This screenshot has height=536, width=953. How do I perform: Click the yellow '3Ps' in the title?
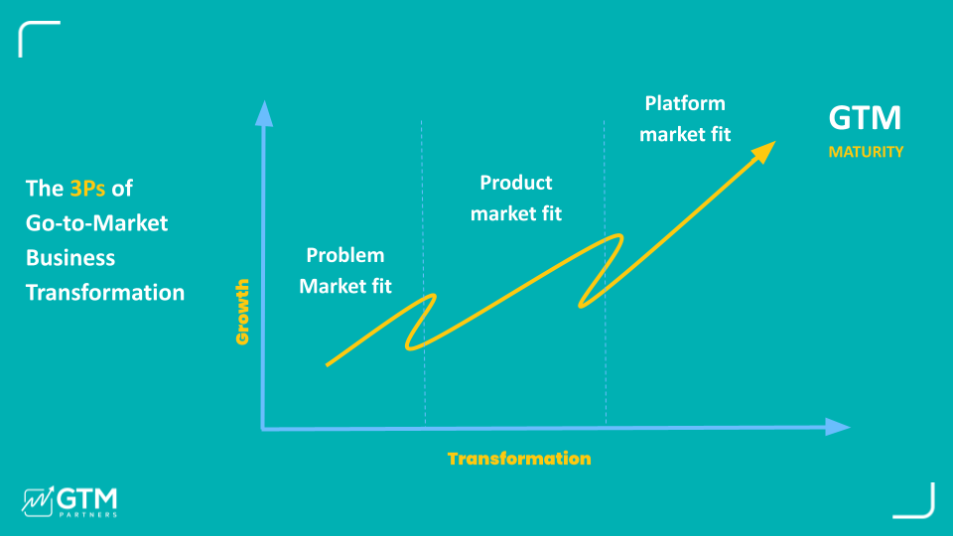tap(87, 188)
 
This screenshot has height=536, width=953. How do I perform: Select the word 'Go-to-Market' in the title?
tap(96, 222)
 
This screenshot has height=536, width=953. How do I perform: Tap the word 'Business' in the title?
tap(70, 258)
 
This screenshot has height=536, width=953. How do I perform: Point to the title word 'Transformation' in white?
tap(105, 293)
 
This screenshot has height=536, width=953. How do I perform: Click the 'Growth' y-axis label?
tap(242, 312)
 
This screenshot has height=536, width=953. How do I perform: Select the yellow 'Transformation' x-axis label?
tap(518, 459)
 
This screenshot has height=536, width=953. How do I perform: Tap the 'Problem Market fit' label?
tap(345, 271)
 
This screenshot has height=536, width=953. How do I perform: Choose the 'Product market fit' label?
tap(516, 198)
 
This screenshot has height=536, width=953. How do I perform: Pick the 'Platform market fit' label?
tap(685, 118)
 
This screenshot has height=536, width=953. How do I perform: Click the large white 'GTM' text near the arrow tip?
tap(865, 119)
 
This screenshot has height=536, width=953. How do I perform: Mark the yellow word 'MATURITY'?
tap(866, 153)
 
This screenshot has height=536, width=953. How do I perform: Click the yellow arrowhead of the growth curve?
tap(764, 151)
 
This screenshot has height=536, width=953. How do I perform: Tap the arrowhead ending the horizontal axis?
tap(838, 427)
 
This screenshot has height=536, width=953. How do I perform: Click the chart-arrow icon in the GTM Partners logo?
tap(37, 500)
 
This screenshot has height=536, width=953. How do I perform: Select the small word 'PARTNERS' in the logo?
tap(87, 514)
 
